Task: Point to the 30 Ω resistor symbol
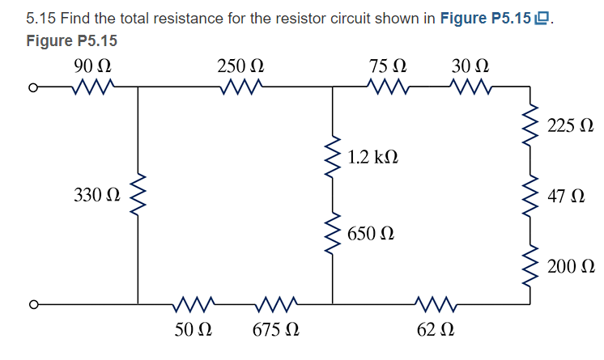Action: tap(470, 85)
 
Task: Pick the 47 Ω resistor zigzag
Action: tap(531, 197)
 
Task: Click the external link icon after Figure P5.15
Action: tap(544, 19)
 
